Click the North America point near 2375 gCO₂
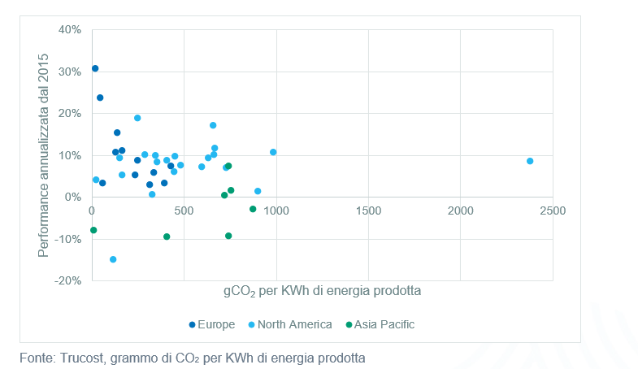click(x=530, y=161)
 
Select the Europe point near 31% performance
click(x=95, y=68)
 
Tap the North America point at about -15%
click(x=113, y=259)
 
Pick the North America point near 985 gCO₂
click(x=273, y=152)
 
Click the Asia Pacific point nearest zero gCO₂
click(x=93, y=230)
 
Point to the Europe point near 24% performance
click(x=100, y=98)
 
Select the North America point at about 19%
click(x=137, y=118)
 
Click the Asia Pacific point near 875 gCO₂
click(x=253, y=209)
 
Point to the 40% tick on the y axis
click(x=70, y=30)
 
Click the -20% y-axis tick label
click(x=68, y=280)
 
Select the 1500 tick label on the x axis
click(x=368, y=211)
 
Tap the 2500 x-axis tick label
click(x=553, y=211)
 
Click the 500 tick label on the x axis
click(x=184, y=211)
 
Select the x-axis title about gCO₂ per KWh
click(x=322, y=290)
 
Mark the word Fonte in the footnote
click(x=37, y=357)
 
